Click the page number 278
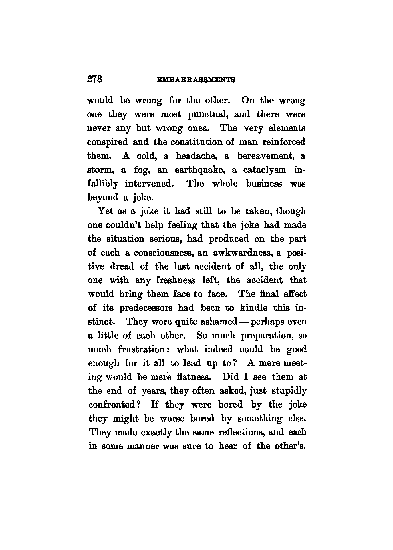click(95, 79)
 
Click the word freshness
click(176, 280)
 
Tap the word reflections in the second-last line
click(241, 433)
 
